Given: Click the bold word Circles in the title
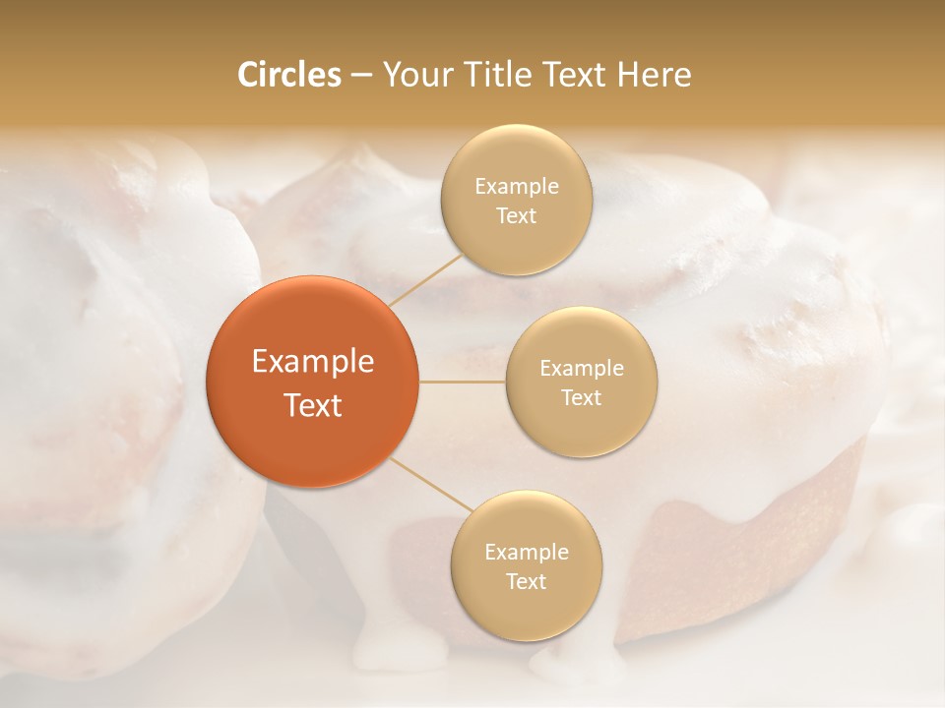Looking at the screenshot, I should tap(289, 75).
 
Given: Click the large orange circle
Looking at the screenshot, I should tap(312, 382).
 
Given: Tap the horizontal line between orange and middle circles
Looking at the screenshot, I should tap(463, 382).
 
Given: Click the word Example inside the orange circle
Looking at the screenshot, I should tap(312, 362).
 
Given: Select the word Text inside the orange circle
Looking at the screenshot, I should tap(312, 405).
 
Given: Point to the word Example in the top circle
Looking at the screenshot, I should tap(516, 187).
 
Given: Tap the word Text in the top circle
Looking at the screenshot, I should tap(516, 216).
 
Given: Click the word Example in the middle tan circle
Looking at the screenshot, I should tap(581, 369).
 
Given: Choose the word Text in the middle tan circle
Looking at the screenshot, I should tap(581, 398).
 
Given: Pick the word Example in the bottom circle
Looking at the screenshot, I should tap(526, 553).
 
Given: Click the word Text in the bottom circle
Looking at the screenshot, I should tap(526, 582).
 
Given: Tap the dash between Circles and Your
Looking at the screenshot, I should tap(360, 75).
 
